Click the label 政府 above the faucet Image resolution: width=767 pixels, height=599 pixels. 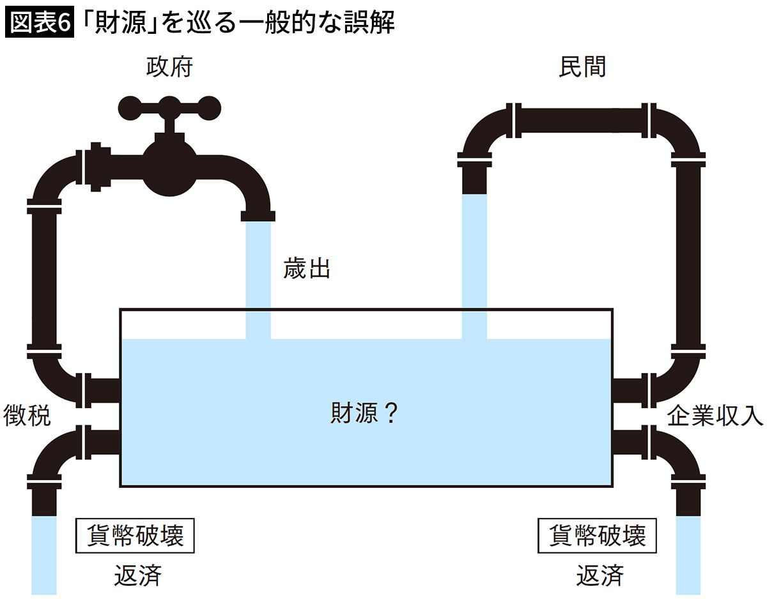(x=169, y=67)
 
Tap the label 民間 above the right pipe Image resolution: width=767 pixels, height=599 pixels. (x=582, y=67)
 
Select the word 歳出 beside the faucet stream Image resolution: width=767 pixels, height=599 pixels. (x=307, y=269)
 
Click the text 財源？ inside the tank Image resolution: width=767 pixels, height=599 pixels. (x=364, y=414)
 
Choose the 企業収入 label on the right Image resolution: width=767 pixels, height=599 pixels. (x=715, y=416)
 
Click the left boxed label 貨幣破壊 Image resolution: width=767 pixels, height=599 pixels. (x=135, y=535)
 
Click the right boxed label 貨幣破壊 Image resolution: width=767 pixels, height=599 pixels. (x=598, y=535)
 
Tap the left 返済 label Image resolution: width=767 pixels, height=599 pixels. (x=137, y=575)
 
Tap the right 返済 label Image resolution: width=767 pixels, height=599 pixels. (x=600, y=575)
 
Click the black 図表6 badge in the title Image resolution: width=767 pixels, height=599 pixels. (x=39, y=23)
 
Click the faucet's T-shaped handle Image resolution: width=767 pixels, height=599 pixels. (x=169, y=106)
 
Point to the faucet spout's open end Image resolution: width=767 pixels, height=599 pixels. (x=258, y=216)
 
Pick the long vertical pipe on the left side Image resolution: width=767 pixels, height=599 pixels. (x=43, y=275)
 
